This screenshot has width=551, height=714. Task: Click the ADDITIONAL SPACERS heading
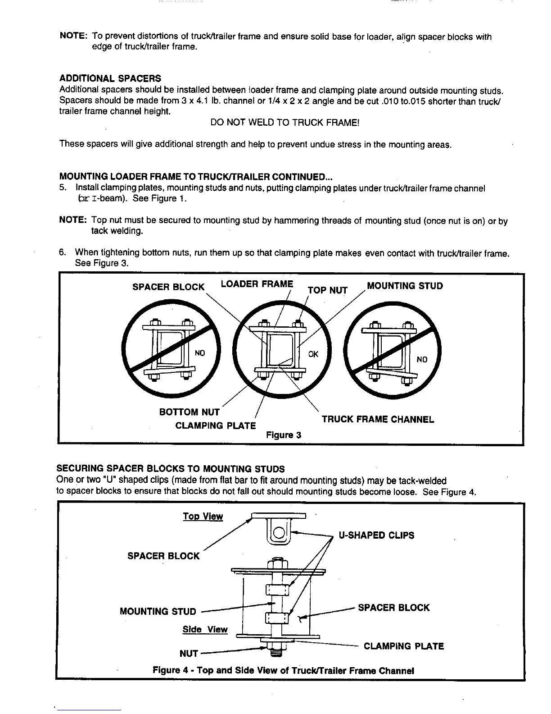click(110, 79)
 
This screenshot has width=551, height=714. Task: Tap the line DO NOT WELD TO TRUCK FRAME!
click(285, 123)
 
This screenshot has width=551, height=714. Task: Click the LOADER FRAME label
click(257, 284)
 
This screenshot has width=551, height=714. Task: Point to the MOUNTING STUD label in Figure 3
click(405, 286)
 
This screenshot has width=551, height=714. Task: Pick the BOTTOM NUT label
click(189, 412)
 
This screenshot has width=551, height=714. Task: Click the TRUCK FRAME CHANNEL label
click(378, 420)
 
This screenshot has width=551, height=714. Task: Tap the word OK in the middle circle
click(313, 354)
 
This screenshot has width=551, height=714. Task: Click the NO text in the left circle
click(200, 353)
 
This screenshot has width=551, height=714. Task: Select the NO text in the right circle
click(422, 359)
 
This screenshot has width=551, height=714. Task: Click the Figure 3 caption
click(284, 435)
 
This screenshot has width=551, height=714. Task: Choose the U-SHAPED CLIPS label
click(376, 535)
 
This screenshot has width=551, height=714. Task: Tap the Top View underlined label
click(203, 517)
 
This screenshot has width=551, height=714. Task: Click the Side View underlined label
click(205, 630)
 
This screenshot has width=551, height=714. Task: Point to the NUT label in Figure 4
click(189, 653)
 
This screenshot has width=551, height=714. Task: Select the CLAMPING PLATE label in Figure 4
click(403, 646)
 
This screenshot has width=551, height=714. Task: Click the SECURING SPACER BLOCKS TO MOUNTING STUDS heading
click(171, 469)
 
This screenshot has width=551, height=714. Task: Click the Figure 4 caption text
click(283, 670)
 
